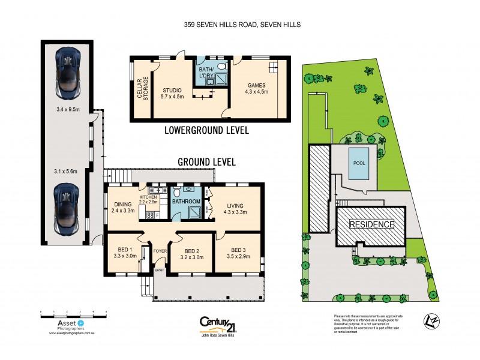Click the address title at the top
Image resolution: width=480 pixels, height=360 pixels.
242,25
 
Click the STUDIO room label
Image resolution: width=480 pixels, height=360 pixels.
171,91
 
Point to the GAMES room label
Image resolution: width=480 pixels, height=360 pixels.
256,86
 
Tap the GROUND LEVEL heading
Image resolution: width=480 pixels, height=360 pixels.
206,162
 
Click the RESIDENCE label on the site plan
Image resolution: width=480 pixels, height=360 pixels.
372,224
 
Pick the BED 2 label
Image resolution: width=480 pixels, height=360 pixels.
192,250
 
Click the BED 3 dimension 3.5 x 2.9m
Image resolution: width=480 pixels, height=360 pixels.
239,257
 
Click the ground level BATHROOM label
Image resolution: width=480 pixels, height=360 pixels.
186,202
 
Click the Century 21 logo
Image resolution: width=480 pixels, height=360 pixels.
217,325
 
